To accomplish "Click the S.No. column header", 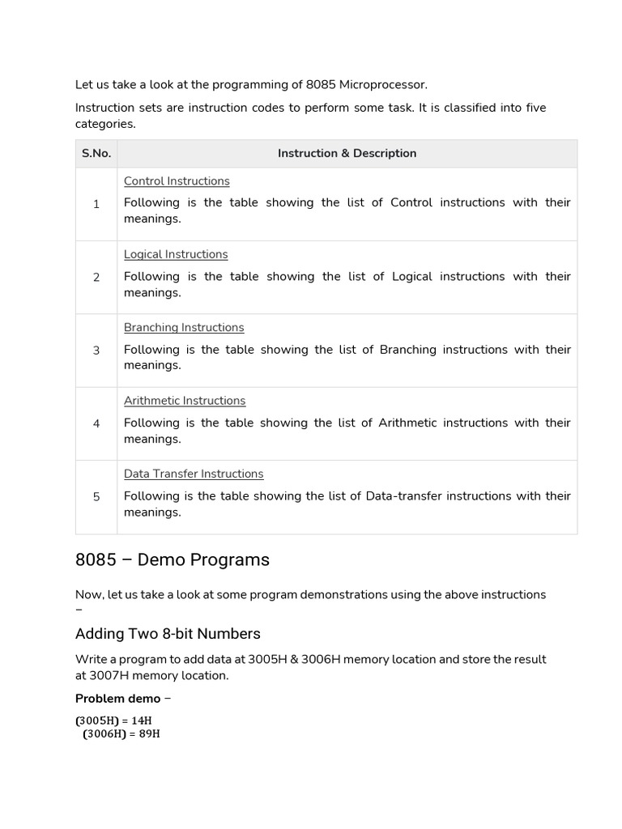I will tap(96, 154).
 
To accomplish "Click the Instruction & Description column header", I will tap(347, 154).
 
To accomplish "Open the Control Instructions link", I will tap(177, 181).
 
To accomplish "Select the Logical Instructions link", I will tap(176, 254).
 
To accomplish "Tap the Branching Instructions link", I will tap(184, 328).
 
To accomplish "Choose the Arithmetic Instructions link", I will tap(185, 401).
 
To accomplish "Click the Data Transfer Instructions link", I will tap(194, 474).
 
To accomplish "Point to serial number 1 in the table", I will tap(96, 204).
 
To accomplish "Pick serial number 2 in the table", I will tap(96, 278).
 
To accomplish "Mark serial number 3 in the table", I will tap(96, 351).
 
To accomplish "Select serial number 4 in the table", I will tap(96, 423).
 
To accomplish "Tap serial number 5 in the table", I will tap(96, 497).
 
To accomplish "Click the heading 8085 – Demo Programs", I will tap(173, 560).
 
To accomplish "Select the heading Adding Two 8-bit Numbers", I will tap(168, 633).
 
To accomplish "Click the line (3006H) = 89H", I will tap(121, 734).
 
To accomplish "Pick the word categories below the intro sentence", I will tap(105, 124).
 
